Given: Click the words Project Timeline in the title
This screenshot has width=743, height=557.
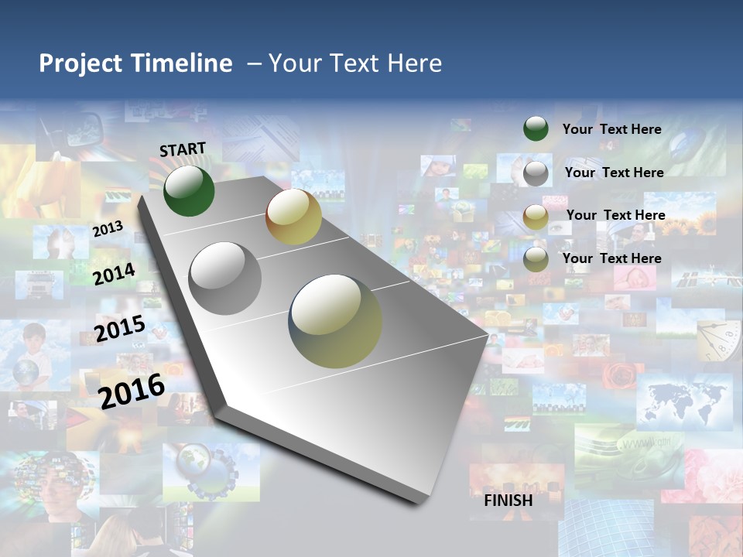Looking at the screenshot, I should [x=135, y=63].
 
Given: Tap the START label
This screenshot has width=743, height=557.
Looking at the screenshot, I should [x=183, y=149].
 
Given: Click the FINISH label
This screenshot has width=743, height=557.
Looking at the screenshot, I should [x=508, y=501].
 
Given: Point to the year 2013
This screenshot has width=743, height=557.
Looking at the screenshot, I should [x=108, y=229].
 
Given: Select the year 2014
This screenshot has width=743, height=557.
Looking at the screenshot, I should [x=115, y=274].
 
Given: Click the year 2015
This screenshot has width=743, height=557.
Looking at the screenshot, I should [x=120, y=329].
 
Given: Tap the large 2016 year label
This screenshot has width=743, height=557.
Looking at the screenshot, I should [x=132, y=391].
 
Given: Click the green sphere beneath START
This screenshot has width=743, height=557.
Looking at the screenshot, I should [x=189, y=190].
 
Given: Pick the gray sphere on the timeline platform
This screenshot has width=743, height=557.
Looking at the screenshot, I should [x=225, y=278].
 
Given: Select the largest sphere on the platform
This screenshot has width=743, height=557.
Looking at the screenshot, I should [x=335, y=321].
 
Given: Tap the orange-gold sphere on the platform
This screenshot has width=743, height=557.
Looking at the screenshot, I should [x=293, y=217].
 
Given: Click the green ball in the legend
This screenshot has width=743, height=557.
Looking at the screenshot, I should [x=536, y=129].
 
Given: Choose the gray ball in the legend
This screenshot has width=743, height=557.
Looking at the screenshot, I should [x=536, y=173].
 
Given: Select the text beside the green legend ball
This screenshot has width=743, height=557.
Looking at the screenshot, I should [x=611, y=129].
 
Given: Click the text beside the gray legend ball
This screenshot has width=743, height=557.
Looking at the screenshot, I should [x=614, y=173].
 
